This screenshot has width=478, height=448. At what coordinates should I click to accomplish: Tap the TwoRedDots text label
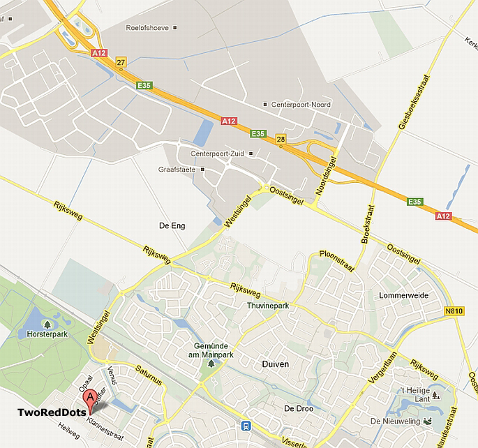tap(52, 412)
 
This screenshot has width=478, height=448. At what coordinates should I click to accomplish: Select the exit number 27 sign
tap(121, 63)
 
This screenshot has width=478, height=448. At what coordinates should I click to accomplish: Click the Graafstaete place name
tap(177, 169)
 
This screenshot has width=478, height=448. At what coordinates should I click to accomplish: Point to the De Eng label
tap(172, 225)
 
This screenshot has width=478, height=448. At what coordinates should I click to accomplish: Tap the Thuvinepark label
tap(268, 306)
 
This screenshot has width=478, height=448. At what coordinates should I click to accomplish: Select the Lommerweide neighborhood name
tap(403, 295)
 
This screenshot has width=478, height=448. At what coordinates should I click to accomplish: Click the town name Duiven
tap(276, 364)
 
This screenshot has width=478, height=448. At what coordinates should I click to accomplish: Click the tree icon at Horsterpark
tap(47, 324)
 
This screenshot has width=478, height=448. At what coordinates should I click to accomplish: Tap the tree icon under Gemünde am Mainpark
tap(211, 364)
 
